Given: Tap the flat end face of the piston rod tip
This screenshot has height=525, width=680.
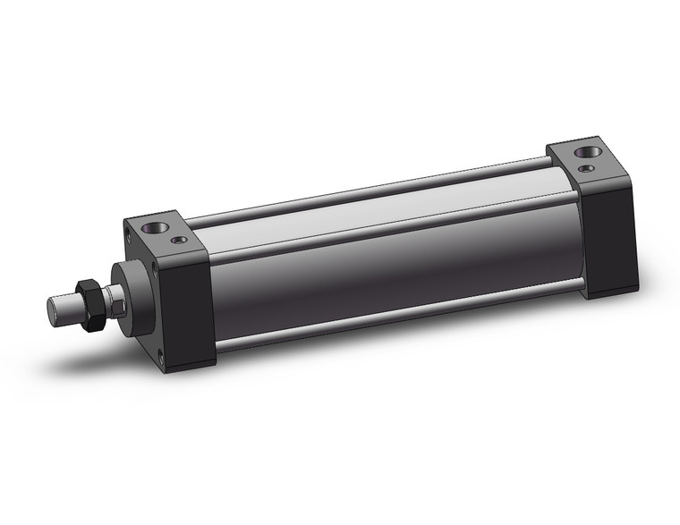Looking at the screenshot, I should pos(54,310).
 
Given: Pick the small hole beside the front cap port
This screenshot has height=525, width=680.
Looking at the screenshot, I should pos(179,240).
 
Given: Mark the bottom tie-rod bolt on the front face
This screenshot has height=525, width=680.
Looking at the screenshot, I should pos(162,359).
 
